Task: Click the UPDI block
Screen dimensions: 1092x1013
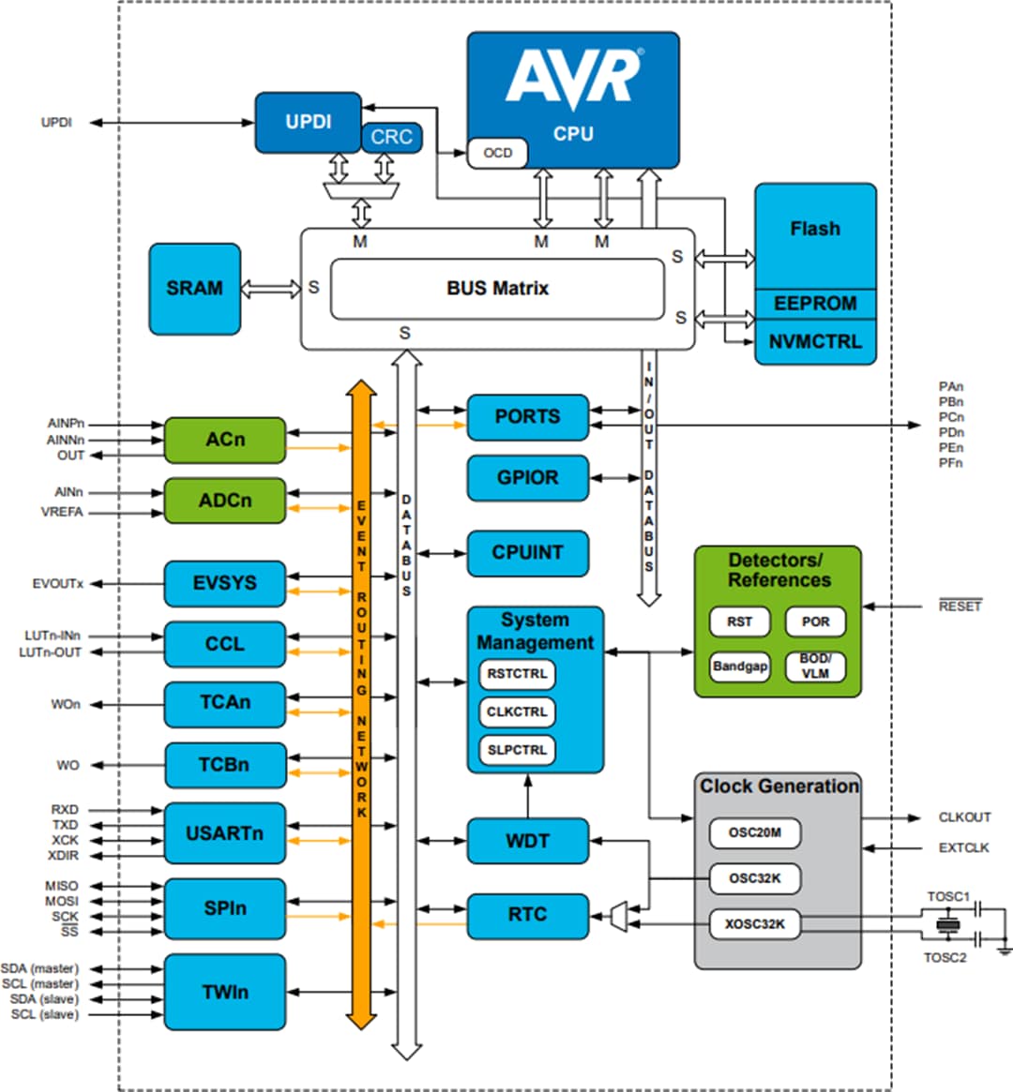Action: click(308, 122)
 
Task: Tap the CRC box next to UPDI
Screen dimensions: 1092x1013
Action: click(391, 137)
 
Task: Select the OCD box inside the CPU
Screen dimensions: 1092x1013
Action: click(497, 153)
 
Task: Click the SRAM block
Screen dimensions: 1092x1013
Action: click(194, 289)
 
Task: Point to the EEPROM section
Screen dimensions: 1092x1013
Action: click(814, 304)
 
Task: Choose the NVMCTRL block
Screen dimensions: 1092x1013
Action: click(814, 342)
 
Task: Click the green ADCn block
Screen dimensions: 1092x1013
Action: click(225, 501)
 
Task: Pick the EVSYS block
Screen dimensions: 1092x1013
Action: click(225, 583)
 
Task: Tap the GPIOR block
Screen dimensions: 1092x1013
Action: click(527, 478)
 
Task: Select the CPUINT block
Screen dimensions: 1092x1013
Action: click(527, 553)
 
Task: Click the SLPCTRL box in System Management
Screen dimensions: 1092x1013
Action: click(517, 750)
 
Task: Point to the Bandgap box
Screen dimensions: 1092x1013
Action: click(739, 666)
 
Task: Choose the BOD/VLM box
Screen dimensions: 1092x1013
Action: click(815, 666)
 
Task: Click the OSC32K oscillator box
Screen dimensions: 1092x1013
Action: click(755, 878)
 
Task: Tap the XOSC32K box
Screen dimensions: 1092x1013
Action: click(755, 924)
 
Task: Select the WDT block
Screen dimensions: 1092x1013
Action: click(527, 841)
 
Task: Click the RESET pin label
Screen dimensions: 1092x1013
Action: click(960, 606)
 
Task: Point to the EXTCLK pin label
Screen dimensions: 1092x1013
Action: click(963, 847)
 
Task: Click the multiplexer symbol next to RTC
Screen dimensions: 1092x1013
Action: click(617, 917)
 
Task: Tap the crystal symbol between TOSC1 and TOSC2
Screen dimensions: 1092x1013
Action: click(948, 926)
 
